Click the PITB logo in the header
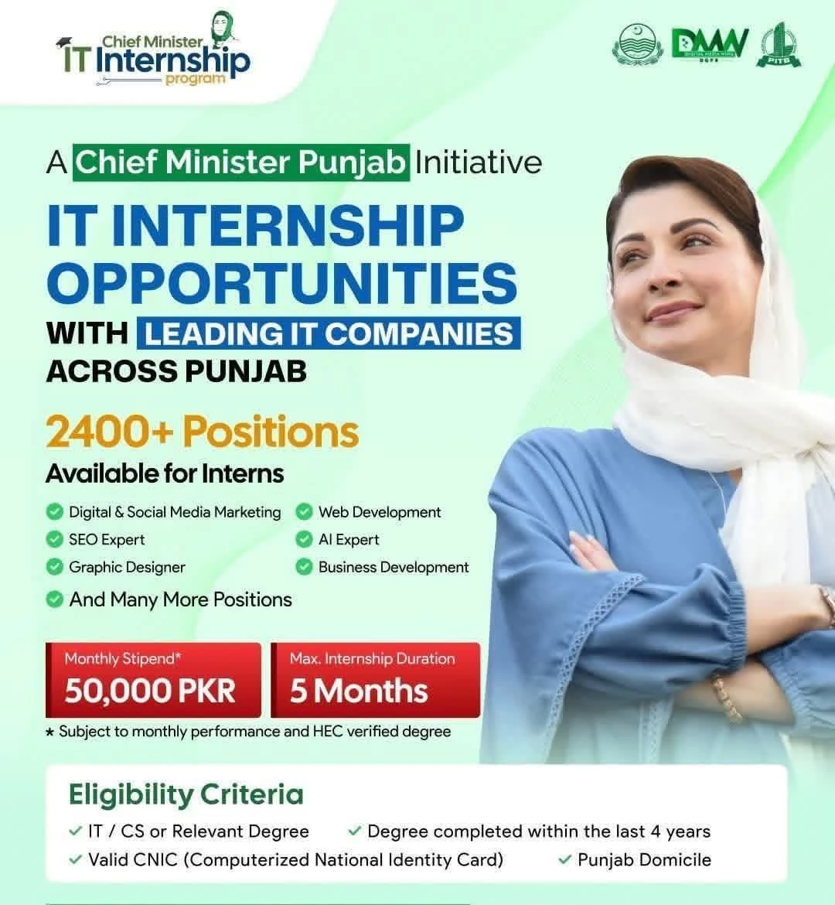point(779,45)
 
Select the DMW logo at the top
point(709,45)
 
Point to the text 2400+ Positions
point(202,432)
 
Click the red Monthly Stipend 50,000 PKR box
point(153,680)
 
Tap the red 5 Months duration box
point(375,680)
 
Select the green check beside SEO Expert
point(54,539)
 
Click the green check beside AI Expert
point(304,539)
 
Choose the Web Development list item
point(379,512)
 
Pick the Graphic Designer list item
point(127,567)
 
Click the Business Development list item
point(393,567)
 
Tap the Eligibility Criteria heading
point(186,794)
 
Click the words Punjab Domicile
point(644,859)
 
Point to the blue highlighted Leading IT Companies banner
point(329,333)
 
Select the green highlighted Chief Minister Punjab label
point(241,162)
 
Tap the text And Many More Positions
point(180,599)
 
